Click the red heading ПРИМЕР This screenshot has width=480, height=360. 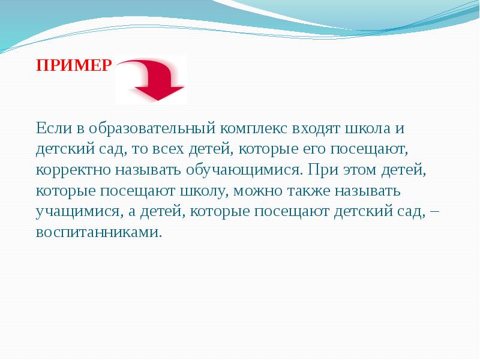click(x=74, y=65)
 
